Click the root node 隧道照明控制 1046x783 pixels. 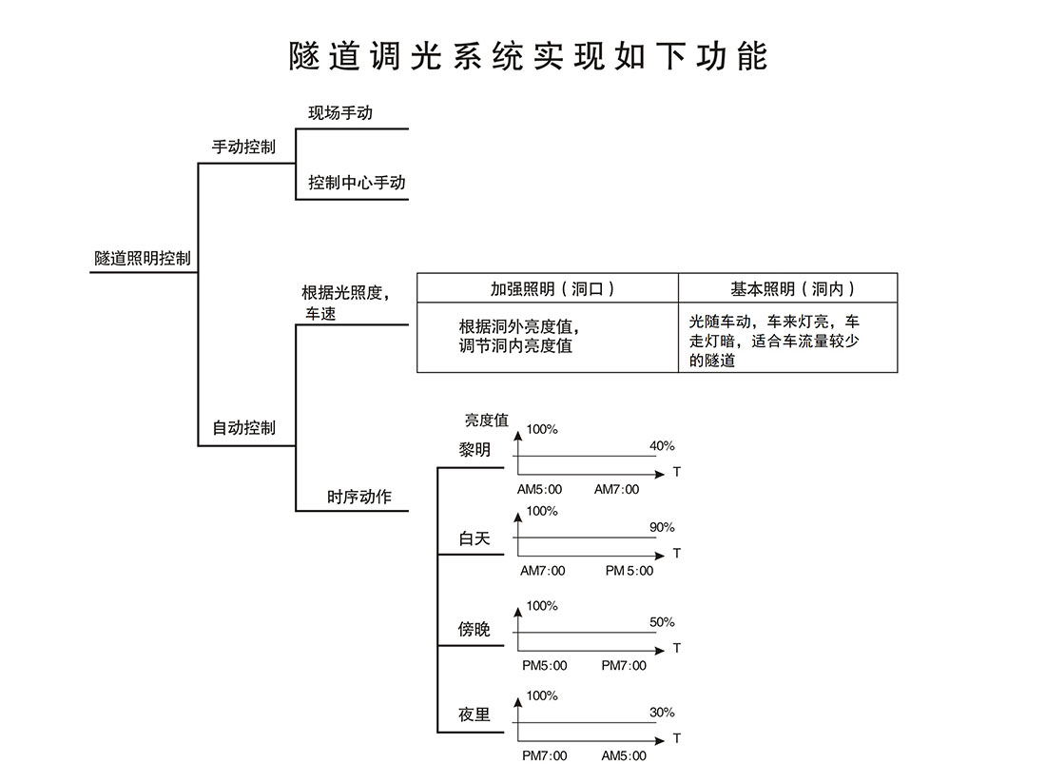(142, 258)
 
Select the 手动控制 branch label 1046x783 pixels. (243, 147)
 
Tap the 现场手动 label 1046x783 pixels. (340, 112)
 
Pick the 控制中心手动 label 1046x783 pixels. (357, 183)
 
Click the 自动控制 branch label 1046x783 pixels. (243, 428)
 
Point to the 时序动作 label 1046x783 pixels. (359, 497)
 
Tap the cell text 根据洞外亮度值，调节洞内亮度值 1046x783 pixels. (519, 336)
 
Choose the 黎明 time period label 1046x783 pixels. (475, 450)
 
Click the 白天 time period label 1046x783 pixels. (475, 538)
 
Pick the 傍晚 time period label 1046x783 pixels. (475, 629)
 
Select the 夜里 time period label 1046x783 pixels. (475, 714)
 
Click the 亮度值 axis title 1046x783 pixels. (486, 420)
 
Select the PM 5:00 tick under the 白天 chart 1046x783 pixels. (629, 571)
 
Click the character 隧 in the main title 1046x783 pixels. (306, 55)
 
